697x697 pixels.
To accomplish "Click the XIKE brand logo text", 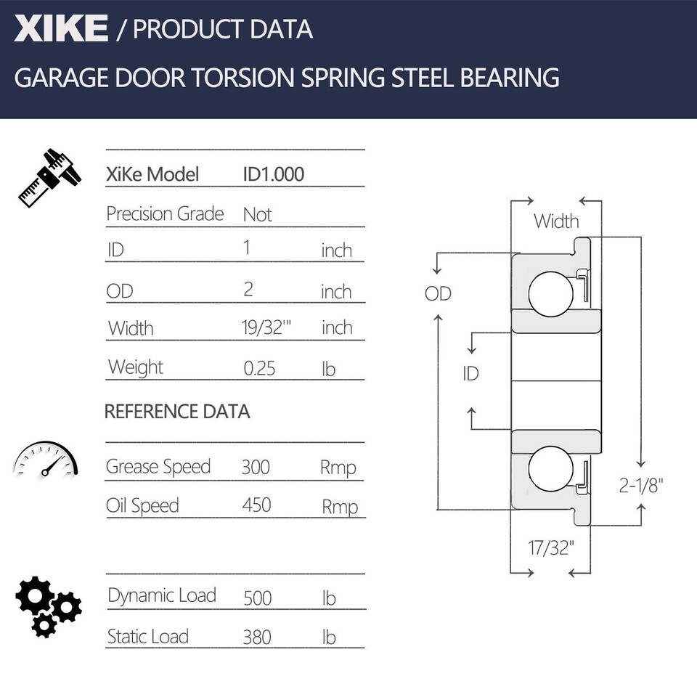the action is tap(61, 28).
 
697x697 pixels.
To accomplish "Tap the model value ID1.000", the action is tap(274, 174).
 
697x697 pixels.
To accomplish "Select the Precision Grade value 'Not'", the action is tap(257, 215).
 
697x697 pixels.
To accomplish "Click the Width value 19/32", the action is tap(266, 327).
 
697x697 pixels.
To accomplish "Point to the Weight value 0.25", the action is tap(259, 369).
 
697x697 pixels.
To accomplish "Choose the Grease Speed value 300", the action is tap(256, 467).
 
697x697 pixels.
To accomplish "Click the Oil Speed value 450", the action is tap(256, 505).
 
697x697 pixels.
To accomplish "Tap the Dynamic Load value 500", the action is tap(257, 598).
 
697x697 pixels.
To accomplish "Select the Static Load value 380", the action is tap(257, 637).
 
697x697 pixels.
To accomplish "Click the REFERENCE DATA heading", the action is tap(177, 412).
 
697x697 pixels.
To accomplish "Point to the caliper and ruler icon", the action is tap(50, 178).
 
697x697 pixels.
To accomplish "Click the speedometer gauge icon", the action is tap(45, 459).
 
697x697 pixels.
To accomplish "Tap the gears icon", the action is tap(49, 607).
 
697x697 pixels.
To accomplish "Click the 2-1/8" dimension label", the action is tap(641, 486).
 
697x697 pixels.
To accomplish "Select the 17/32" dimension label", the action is tap(551, 548).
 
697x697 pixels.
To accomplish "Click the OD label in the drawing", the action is tap(438, 293).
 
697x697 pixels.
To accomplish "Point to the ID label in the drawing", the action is tap(470, 374).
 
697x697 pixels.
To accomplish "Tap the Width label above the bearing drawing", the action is tap(557, 221).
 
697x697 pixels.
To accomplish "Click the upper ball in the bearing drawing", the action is tap(551, 294).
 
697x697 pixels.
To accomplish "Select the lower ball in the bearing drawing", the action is tap(551, 469).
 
